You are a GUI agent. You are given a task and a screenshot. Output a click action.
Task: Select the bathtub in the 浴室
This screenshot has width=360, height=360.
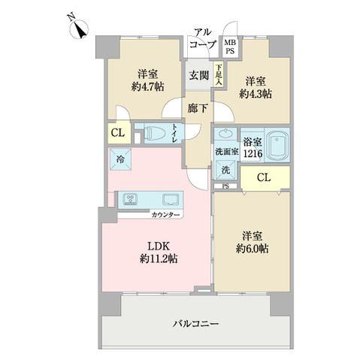(277, 145)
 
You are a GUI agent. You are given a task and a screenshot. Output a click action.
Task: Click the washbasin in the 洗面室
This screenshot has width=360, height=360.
(225, 133)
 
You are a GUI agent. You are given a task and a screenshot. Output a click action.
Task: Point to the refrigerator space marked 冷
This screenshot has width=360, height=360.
(120, 159)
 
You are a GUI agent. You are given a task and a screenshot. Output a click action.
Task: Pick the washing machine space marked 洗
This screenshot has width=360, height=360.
(225, 170)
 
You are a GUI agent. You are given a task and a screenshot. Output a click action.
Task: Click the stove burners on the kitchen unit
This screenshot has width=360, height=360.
(130, 199)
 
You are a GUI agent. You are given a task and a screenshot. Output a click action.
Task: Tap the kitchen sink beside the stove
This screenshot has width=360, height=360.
(171, 199)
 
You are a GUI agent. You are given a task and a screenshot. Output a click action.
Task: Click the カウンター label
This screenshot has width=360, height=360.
(165, 215)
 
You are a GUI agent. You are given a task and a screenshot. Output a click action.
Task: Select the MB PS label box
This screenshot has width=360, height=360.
(230, 47)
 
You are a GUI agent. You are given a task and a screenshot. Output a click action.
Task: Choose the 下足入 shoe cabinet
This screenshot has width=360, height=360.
(219, 74)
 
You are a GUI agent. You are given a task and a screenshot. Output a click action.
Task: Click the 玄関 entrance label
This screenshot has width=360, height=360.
(199, 75)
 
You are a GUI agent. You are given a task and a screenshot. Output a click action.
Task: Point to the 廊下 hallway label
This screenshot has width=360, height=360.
(198, 108)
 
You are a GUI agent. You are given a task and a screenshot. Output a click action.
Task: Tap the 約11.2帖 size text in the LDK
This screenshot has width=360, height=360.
(159, 259)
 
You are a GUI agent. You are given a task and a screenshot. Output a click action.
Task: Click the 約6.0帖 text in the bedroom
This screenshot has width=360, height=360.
(252, 249)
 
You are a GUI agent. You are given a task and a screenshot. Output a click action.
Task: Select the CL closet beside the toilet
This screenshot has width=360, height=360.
(119, 133)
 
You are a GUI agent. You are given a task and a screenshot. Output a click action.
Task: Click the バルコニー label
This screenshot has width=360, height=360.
(195, 324)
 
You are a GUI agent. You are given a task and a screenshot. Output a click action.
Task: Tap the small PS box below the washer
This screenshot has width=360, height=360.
(225, 186)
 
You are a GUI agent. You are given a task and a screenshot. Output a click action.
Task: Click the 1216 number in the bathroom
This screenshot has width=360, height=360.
(253, 153)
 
